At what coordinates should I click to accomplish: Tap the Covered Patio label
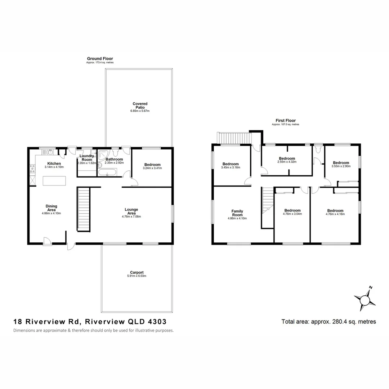(x=140, y=106)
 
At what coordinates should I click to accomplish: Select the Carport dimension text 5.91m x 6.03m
(x=137, y=276)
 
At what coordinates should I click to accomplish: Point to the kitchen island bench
(x=54, y=180)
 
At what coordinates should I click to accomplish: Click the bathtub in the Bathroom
(x=107, y=173)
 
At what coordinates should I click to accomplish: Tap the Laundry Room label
(x=86, y=158)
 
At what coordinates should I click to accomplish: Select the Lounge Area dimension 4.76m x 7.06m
(x=131, y=216)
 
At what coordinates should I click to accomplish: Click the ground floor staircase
(x=83, y=209)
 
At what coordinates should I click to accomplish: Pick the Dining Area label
(x=52, y=208)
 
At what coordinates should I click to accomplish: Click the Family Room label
(x=237, y=213)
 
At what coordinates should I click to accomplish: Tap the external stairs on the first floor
(x=234, y=138)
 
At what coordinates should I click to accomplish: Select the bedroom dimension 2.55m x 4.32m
(x=287, y=162)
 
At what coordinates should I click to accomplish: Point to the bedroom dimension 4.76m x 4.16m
(x=335, y=214)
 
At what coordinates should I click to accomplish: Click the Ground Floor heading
(x=100, y=58)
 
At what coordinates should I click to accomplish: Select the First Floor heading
(x=286, y=121)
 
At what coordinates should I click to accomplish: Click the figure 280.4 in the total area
(x=337, y=322)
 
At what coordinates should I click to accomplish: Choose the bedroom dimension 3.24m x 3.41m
(x=152, y=168)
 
